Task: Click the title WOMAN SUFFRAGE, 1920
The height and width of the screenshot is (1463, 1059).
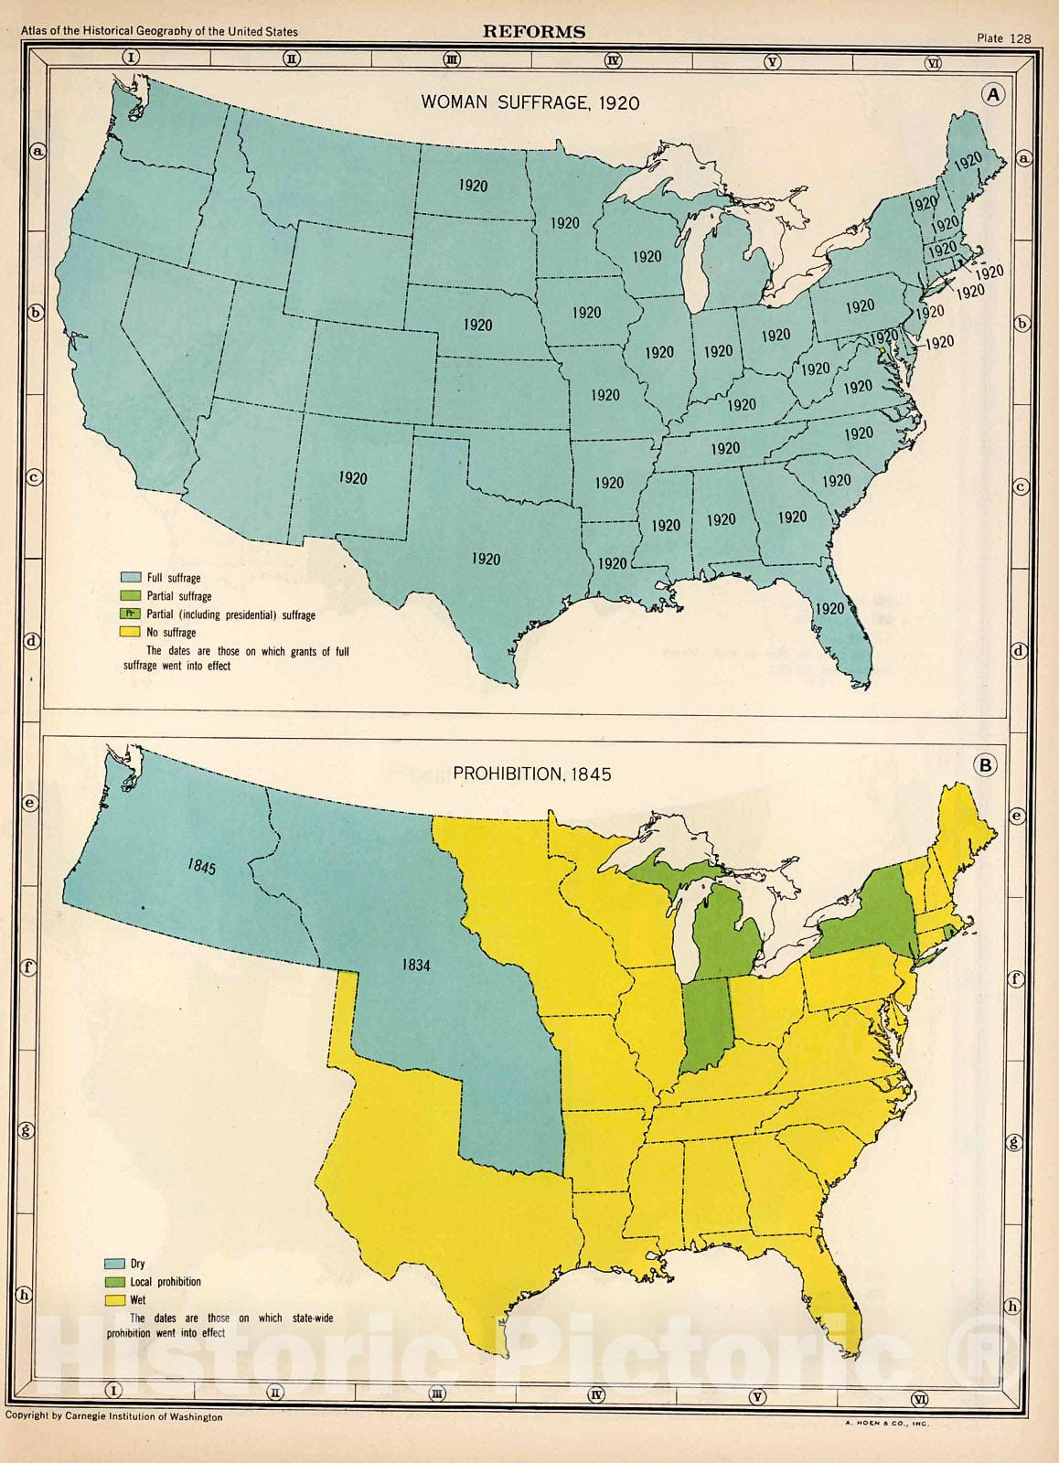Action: pos(529,102)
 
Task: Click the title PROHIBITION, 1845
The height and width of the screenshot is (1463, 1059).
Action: pos(532,774)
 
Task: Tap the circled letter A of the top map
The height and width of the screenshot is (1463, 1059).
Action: pos(992,94)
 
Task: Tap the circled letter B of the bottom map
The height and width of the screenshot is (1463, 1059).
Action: pos(985,765)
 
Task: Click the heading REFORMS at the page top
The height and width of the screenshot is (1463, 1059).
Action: pos(534,31)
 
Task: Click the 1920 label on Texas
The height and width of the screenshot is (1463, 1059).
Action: pos(486,559)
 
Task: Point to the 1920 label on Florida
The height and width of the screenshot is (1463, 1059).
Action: pos(829,608)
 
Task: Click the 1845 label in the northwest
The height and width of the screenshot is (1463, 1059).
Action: pos(202,865)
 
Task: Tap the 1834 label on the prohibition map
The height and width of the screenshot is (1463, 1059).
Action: pos(415,965)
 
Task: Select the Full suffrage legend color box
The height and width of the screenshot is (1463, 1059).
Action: pos(131,578)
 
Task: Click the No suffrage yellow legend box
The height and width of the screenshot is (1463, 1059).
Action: pos(131,632)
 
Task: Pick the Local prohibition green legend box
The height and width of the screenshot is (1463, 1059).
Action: pos(114,1282)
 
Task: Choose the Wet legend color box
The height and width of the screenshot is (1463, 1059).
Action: pos(114,1299)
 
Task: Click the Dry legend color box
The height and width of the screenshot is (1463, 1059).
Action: pos(114,1264)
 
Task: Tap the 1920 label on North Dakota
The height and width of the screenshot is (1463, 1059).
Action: pos(473,186)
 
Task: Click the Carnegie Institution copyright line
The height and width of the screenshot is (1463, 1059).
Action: pos(113,1416)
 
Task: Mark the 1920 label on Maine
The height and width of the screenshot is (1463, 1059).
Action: pos(968,162)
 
